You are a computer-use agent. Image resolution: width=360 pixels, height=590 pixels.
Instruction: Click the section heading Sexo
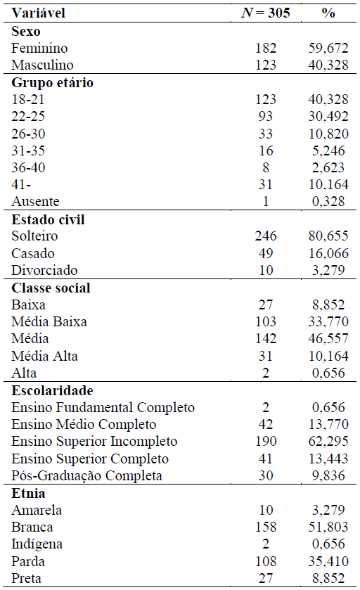coord(25,31)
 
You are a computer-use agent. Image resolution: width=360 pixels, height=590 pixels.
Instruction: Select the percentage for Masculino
coord(328,65)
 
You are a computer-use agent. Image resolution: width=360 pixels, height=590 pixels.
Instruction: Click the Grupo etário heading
coord(52,82)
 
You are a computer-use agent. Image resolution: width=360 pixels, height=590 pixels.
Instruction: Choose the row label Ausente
coord(36,202)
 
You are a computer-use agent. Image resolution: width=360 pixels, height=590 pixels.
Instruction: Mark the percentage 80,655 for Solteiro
coord(328,236)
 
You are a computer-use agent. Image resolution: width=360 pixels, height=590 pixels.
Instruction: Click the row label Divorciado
coord(44,271)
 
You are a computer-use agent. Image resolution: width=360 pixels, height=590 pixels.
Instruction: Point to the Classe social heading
coord(51,288)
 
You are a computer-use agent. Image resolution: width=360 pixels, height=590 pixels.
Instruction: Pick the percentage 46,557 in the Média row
coord(328,339)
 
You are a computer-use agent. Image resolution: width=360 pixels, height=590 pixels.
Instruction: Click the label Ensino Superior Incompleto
coord(94,442)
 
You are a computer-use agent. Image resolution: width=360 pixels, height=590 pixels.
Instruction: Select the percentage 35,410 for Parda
coord(328,562)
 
